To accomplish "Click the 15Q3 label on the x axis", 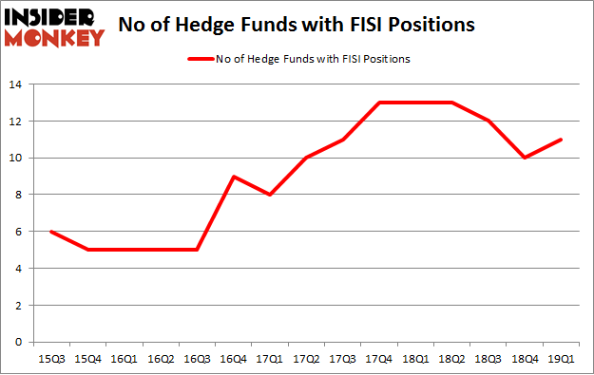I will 50,359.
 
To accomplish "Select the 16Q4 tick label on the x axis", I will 234,359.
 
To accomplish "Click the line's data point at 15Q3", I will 50,232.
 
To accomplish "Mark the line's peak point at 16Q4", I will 234,177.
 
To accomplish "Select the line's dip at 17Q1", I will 270,195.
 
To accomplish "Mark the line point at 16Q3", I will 197,250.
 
